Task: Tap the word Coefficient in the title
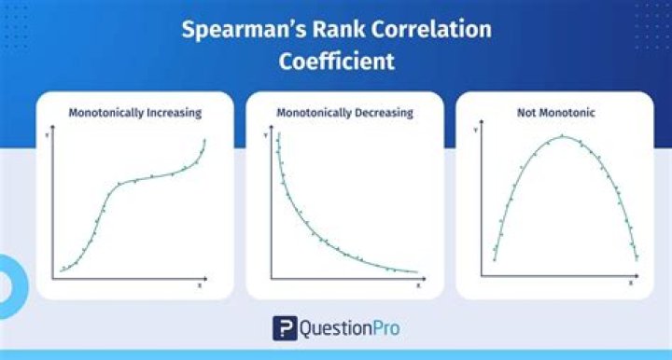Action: click(336, 62)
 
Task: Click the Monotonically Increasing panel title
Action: click(135, 113)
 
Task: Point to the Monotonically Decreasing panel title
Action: click(344, 113)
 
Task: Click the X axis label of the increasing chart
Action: click(199, 284)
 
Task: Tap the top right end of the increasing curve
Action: click(204, 140)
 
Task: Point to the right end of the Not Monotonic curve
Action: click(637, 259)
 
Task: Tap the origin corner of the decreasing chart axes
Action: click(271, 278)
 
